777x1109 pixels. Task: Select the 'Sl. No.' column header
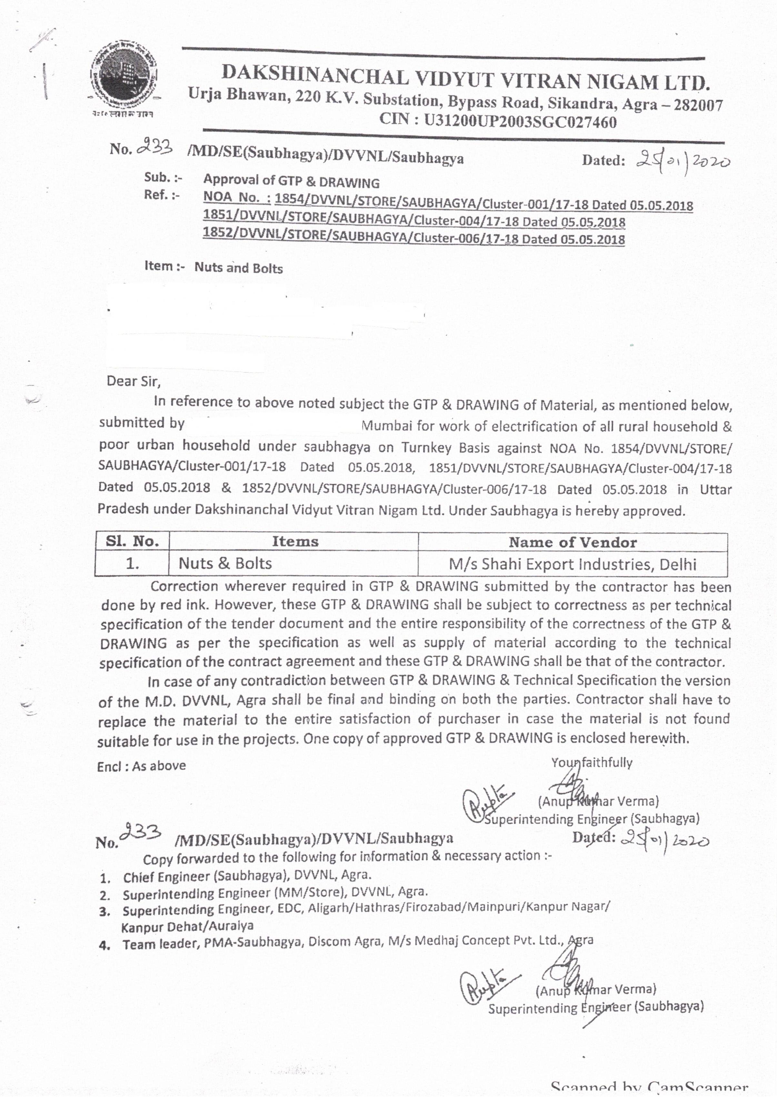coord(132,541)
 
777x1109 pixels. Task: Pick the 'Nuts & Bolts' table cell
coord(225,563)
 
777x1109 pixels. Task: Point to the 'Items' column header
coord(294,541)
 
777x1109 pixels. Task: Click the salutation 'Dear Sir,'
coord(133,382)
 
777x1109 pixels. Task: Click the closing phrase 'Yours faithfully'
coord(592,763)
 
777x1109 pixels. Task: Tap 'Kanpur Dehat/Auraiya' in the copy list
coord(187,926)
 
